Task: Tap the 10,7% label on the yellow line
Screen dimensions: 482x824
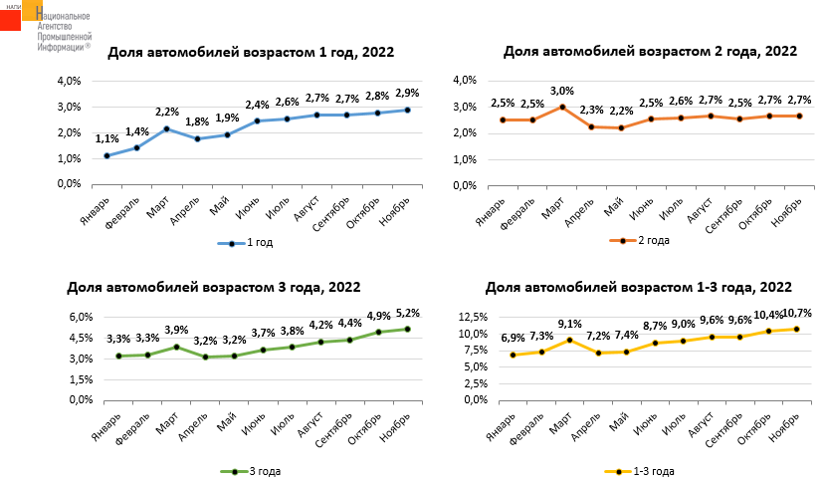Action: pos(796,313)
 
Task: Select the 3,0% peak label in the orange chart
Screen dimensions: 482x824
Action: pos(562,91)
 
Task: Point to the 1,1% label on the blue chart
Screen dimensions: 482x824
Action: pos(107,139)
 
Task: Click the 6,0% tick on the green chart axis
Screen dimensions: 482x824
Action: pos(80,317)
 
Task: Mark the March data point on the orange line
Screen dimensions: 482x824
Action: pos(562,107)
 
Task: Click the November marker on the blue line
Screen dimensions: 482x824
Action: pos(407,110)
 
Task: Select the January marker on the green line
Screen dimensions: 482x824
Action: pos(118,356)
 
